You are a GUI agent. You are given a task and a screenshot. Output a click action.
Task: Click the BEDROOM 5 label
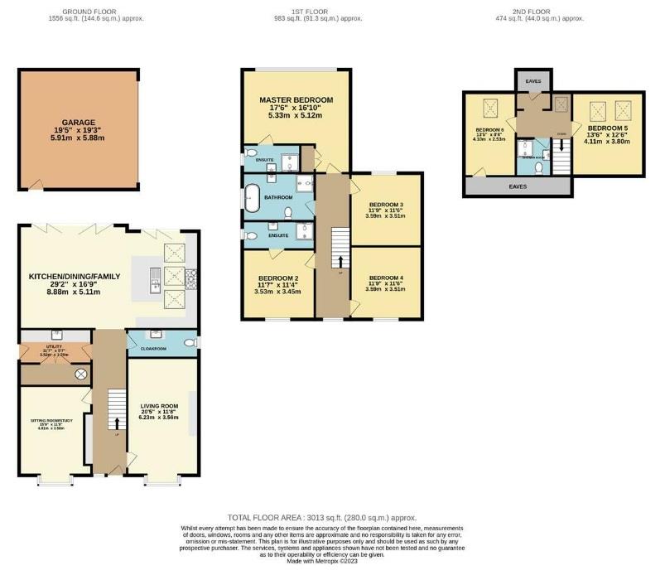click(608, 129)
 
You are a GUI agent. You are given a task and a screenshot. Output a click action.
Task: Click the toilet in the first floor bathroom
click(287, 213)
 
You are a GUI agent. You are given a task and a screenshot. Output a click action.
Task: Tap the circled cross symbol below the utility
click(81, 374)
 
